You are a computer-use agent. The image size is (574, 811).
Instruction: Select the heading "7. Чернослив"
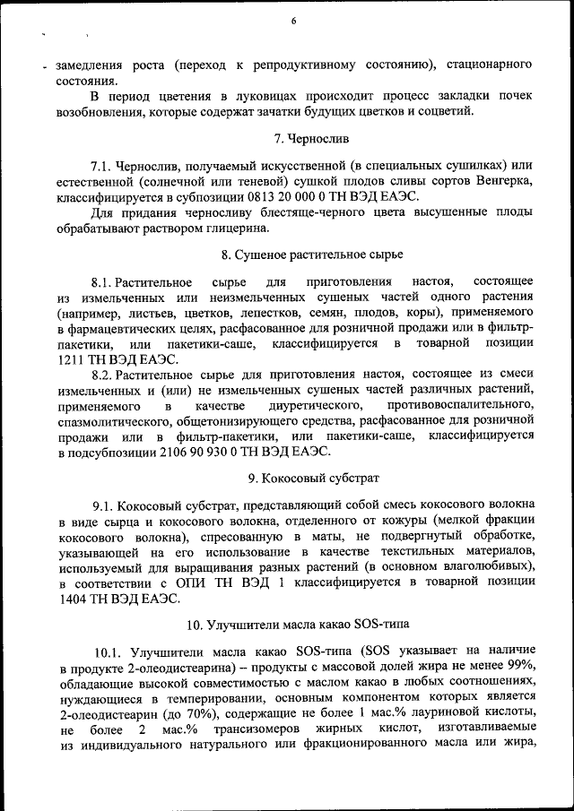(x=311, y=139)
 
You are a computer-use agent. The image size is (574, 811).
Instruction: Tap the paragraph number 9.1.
(x=105, y=505)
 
